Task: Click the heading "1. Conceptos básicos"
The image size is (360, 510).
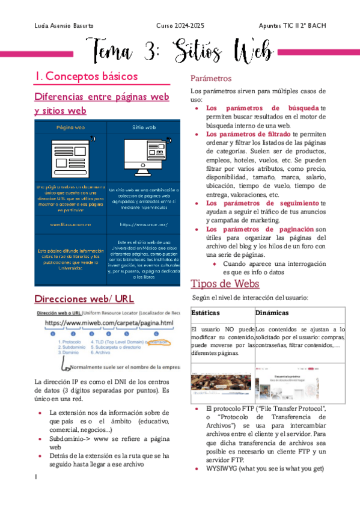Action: coord(86,77)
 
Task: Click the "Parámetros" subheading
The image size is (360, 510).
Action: coord(211,79)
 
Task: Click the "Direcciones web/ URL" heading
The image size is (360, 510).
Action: coord(84,300)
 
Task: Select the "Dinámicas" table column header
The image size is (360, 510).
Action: coord(272,313)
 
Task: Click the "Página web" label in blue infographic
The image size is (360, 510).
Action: coord(70,127)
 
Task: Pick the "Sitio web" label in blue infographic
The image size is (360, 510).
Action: coord(144,127)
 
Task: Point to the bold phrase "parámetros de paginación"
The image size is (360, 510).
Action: coord(260,229)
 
